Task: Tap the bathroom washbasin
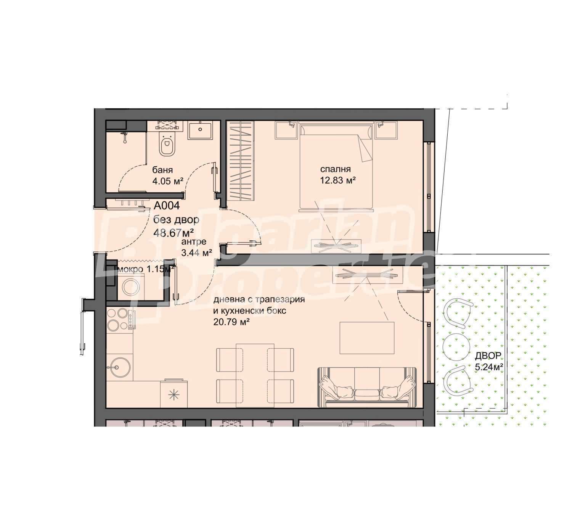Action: [200, 130]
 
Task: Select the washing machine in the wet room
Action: [130, 287]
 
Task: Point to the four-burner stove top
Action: [121, 320]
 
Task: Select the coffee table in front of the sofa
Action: [367, 338]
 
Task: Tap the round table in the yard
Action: [456, 347]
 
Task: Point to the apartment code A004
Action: [167, 206]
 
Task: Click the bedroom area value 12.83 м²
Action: [337, 180]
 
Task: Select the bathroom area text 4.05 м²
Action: [168, 181]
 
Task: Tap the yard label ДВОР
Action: [488, 356]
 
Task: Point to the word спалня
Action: [335, 169]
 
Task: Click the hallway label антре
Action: [194, 242]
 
